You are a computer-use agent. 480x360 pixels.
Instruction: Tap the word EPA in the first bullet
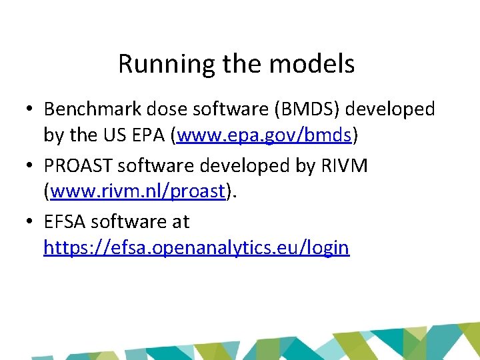[x=149, y=135]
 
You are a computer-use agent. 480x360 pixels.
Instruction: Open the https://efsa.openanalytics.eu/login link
[x=196, y=248]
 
